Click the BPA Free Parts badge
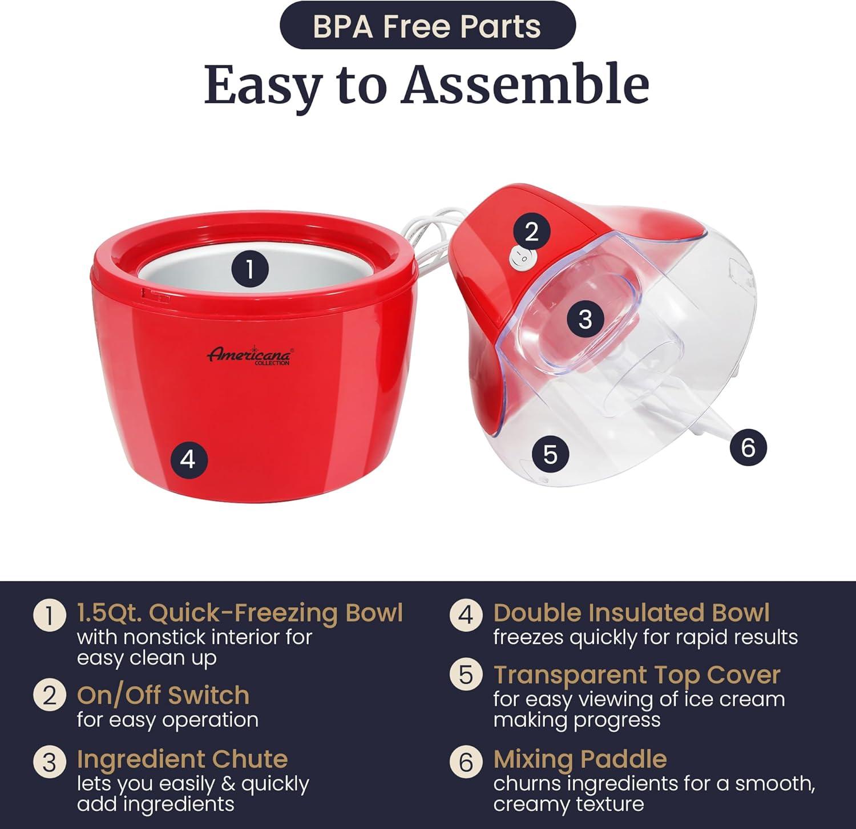pos(427,26)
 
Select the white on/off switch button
pos(520,258)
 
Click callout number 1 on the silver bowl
pos(249,268)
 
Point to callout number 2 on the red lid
pos(531,231)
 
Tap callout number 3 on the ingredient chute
pos(585,318)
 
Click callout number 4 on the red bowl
pos(188,458)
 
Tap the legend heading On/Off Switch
pos(163,695)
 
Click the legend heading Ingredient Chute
pos(182,759)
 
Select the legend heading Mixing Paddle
pos(580,759)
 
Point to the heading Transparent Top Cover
pos(636,674)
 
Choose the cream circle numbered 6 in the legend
pos(466,762)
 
